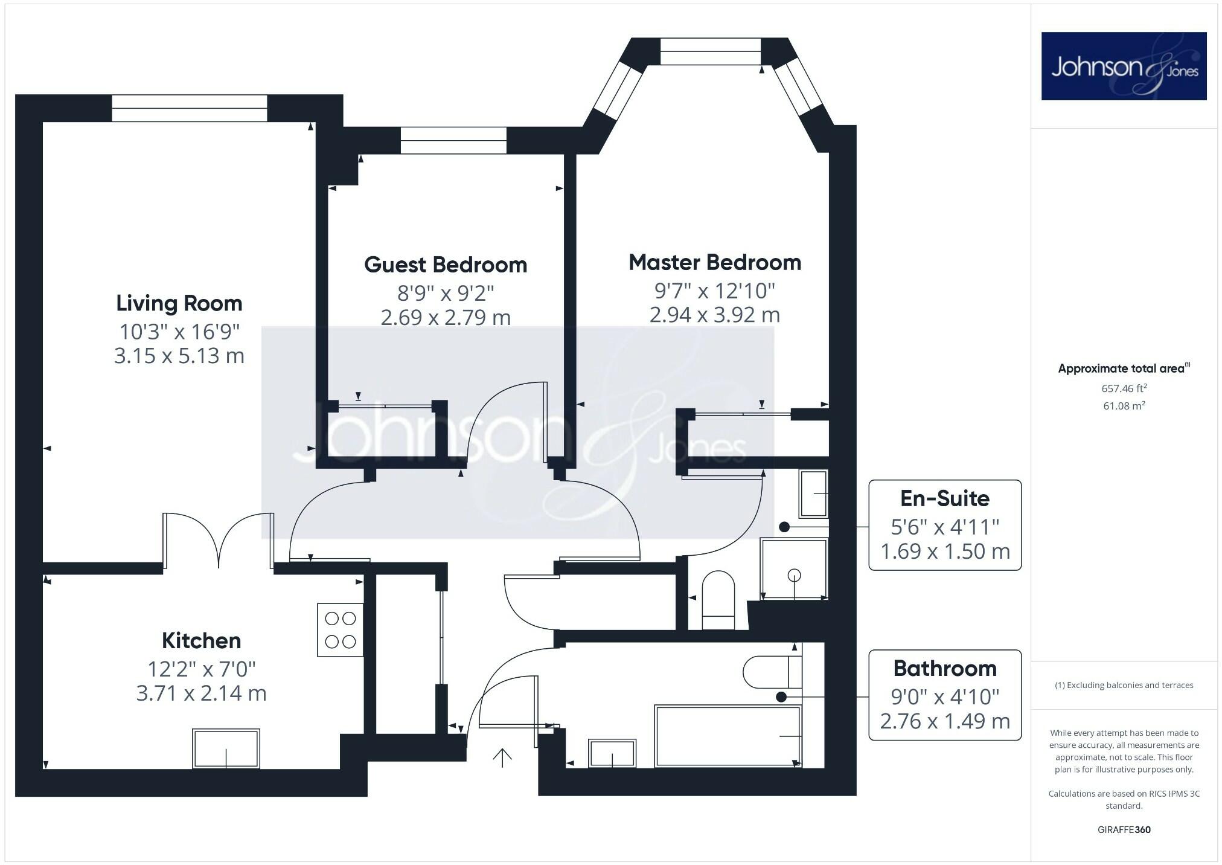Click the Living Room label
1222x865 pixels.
[x=179, y=303]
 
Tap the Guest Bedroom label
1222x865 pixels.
[x=446, y=265]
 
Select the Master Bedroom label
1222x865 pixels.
[x=715, y=262]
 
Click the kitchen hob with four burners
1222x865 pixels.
[x=341, y=630]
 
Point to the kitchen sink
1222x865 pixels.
[x=226, y=748]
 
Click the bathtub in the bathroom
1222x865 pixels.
[x=728, y=736]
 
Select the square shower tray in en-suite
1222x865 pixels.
[x=793, y=569]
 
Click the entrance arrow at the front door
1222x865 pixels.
[x=502, y=757]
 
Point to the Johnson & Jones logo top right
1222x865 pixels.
[x=1124, y=66]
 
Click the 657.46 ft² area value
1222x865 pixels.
[x=1124, y=388]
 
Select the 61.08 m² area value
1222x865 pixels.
[x=1124, y=406]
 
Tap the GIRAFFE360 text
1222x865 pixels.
[x=1124, y=829]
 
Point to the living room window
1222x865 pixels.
[x=190, y=108]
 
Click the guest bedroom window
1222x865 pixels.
[x=453, y=140]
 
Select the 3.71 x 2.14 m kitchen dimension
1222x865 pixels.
[x=201, y=693]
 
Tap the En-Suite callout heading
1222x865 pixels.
[x=944, y=498]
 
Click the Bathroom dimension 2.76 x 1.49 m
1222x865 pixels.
[x=944, y=721]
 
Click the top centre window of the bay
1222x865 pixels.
[x=710, y=51]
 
